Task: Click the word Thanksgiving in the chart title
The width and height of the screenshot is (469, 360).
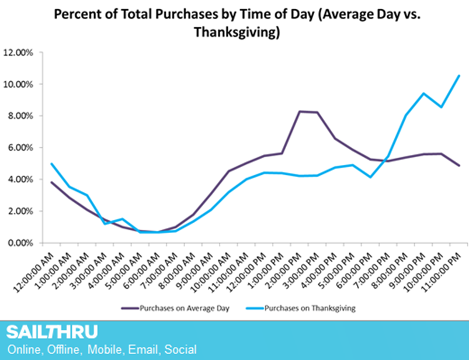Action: point(237,33)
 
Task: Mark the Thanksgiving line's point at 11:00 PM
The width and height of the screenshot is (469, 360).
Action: point(459,75)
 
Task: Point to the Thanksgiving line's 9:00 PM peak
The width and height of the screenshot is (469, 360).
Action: point(423,94)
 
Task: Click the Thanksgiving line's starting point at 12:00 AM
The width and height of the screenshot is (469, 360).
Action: point(51,164)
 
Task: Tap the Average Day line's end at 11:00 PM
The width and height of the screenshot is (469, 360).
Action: point(459,165)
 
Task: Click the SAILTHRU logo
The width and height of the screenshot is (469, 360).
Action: point(52,333)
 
